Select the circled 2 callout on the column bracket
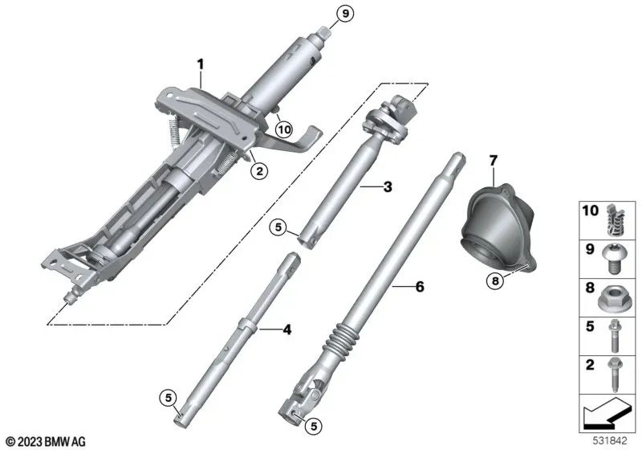pos(258,170)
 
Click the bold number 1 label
pos(202,63)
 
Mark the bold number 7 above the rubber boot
pos(494,162)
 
